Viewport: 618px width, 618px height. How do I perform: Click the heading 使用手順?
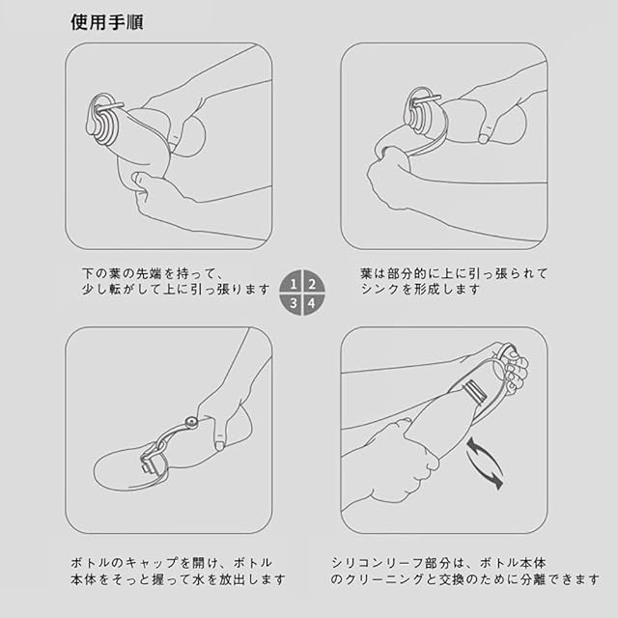click(x=107, y=22)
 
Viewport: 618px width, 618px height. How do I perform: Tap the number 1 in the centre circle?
click(x=294, y=284)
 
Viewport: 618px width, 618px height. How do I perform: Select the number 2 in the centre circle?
click(x=312, y=284)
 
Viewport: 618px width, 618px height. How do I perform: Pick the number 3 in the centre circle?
click(x=294, y=303)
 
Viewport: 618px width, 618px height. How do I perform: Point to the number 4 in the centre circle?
click(x=312, y=303)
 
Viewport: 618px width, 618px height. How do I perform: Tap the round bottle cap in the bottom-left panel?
click(x=192, y=422)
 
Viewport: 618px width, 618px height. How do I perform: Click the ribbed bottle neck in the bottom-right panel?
click(x=474, y=391)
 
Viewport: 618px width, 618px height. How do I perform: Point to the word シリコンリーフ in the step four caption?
click(x=378, y=562)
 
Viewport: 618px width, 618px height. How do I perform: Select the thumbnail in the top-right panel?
click(x=484, y=138)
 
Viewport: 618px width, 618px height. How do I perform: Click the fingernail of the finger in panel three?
click(x=219, y=446)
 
